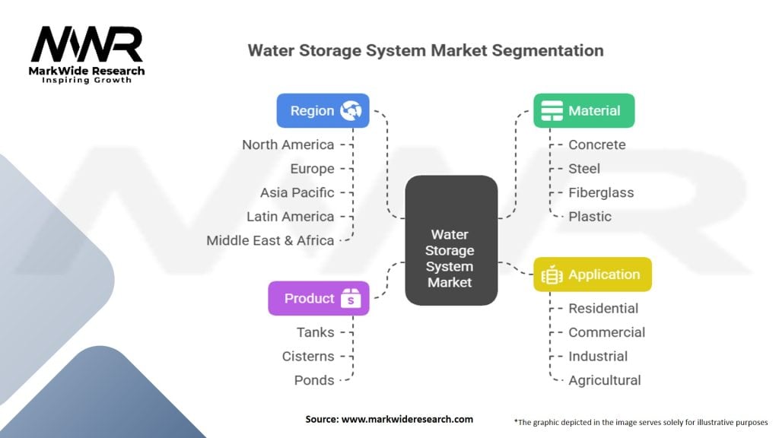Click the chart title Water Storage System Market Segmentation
pos(425,51)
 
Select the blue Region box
pos(323,110)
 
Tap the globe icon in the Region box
pos(351,110)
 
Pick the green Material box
pos(583,110)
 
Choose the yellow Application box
pos(592,275)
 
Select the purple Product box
pos(319,298)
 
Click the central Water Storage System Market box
pos(450,241)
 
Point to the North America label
pos(288,144)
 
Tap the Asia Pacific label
pos(297,192)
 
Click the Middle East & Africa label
pos(270,240)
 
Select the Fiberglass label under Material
pos(601,192)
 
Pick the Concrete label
pos(597,144)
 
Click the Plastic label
pos(590,217)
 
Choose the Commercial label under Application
pos(606,332)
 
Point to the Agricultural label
pos(605,380)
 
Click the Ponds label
pos(313,380)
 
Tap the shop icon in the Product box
pos(350,298)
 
